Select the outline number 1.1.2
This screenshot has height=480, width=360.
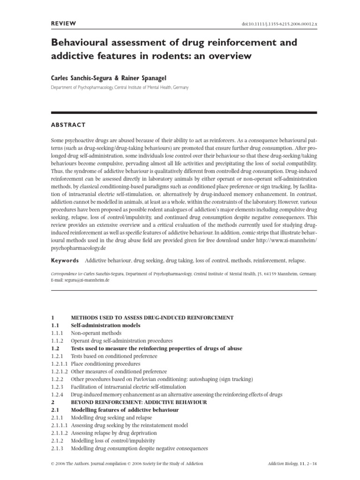coord(58,341)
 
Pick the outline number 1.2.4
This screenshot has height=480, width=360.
coord(58,395)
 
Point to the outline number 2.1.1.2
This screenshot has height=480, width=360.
coord(60,433)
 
